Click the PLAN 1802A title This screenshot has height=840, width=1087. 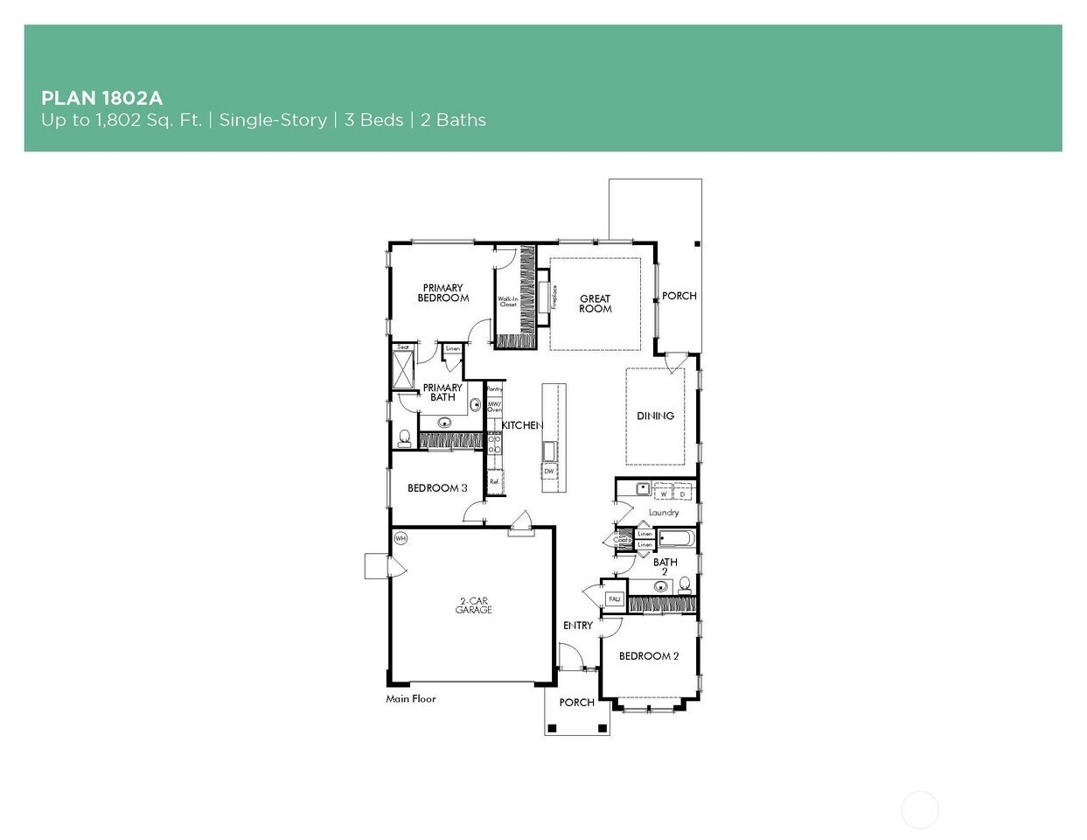[101, 97]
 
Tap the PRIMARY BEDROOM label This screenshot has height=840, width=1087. [442, 293]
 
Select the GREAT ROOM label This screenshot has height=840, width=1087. [595, 304]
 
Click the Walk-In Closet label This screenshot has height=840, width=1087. [508, 302]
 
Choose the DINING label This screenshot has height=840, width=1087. [655, 416]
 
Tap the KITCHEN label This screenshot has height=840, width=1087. [522, 425]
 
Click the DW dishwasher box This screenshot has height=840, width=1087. [549, 471]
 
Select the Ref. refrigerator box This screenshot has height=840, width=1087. [494, 481]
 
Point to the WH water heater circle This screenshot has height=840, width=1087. [401, 538]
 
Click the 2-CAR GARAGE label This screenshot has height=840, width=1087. [473, 605]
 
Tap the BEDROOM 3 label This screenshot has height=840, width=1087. [437, 488]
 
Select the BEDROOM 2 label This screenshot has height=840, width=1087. [649, 656]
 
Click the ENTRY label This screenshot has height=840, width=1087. [577, 626]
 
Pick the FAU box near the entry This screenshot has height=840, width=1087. [615, 599]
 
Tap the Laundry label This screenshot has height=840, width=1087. [664, 513]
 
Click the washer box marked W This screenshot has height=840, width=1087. [664, 494]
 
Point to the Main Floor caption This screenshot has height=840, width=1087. [411, 699]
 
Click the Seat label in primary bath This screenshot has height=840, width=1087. [403, 347]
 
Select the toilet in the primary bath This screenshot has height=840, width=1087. [405, 436]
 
